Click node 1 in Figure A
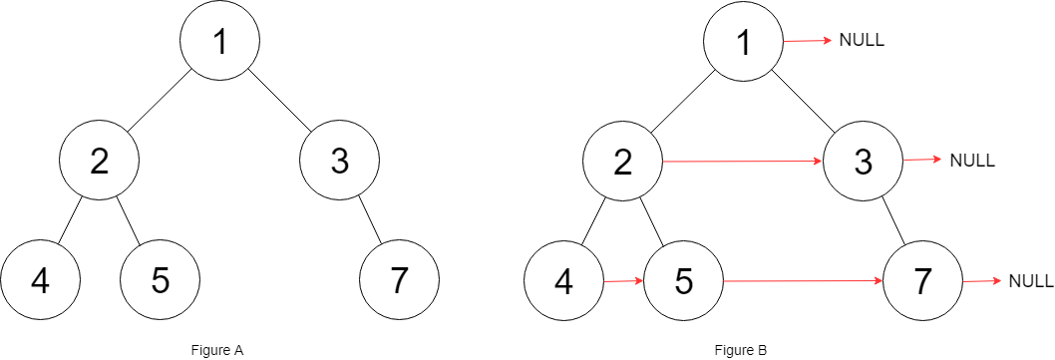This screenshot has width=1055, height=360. coord(219,41)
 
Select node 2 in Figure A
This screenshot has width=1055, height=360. coord(99,161)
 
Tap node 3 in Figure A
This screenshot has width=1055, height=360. coord(340,161)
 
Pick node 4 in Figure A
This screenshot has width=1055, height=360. coord(40,281)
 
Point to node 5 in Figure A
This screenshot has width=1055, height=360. coord(160,281)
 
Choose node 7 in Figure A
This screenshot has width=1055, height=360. coord(399,281)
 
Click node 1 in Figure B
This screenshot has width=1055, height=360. coord(743,41)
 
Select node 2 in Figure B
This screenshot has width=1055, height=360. coord(623,161)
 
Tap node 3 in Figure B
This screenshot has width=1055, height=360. coord(863,161)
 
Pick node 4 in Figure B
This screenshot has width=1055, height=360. coord(563,281)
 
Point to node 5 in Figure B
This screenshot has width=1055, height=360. coord(683,281)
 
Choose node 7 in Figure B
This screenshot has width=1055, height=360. coord(922,281)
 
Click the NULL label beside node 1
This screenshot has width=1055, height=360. coord(863,41)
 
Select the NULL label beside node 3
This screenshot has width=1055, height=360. coord(972,160)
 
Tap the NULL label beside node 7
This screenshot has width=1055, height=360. coord(1031,280)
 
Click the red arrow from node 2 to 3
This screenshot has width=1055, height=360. coord(743,161)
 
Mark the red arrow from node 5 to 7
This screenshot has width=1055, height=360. coord(803,281)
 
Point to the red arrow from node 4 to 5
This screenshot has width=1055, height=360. coord(623,281)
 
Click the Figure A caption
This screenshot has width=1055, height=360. coord(217,350)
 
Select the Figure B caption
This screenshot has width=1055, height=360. coord(741,350)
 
